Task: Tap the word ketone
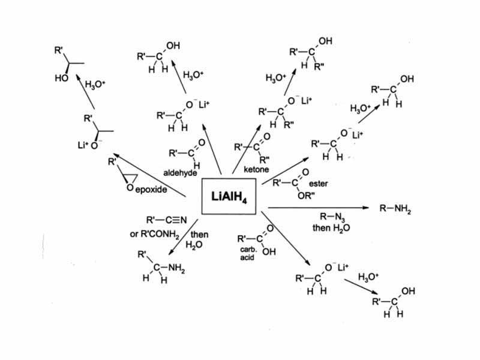tap(256, 170)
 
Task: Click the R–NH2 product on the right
tap(395, 209)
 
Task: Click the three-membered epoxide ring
tap(130, 178)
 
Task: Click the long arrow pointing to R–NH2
tap(318, 208)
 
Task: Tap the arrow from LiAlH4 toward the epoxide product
tap(150, 173)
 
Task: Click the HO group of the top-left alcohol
tap(61, 78)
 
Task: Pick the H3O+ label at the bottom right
tap(368, 277)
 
